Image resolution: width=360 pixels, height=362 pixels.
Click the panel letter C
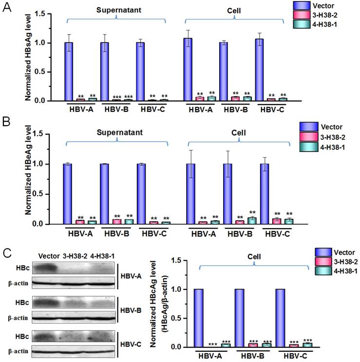click(x=6, y=253)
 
